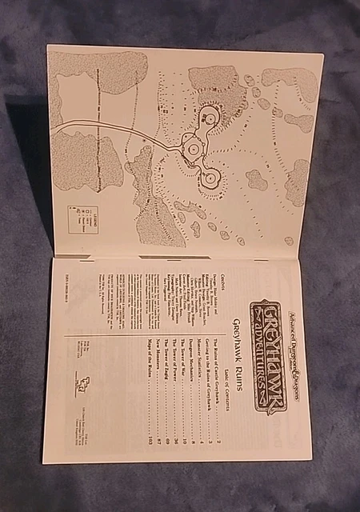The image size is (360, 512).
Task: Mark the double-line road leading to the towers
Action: (x=112, y=128)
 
